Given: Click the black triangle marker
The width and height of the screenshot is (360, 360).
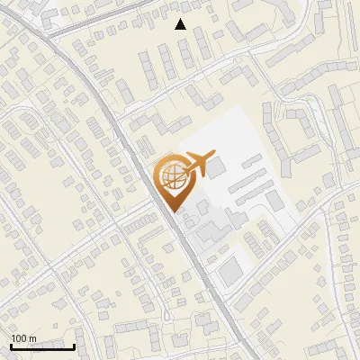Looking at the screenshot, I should pyautogui.click(x=181, y=24).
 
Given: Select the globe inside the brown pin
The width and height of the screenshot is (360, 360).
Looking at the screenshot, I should pyautogui.click(x=171, y=176).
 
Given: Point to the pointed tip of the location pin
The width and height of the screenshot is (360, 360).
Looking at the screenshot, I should pyautogui.click(x=172, y=211).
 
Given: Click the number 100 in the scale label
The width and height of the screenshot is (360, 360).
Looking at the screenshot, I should pyautogui.click(x=19, y=338).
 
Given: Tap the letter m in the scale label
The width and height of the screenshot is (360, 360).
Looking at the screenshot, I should pyautogui.click(x=32, y=338).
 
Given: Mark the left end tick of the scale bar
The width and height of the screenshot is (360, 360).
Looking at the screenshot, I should pyautogui.click(x=10, y=346).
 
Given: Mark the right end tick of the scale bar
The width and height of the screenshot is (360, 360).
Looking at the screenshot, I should pyautogui.click(x=74, y=346).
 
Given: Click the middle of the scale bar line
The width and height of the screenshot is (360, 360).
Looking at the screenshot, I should pyautogui.click(x=41, y=346).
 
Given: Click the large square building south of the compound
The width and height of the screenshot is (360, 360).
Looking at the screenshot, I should pyautogui.click(x=230, y=267).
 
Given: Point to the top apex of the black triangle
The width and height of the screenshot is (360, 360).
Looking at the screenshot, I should pyautogui.click(x=181, y=19).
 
